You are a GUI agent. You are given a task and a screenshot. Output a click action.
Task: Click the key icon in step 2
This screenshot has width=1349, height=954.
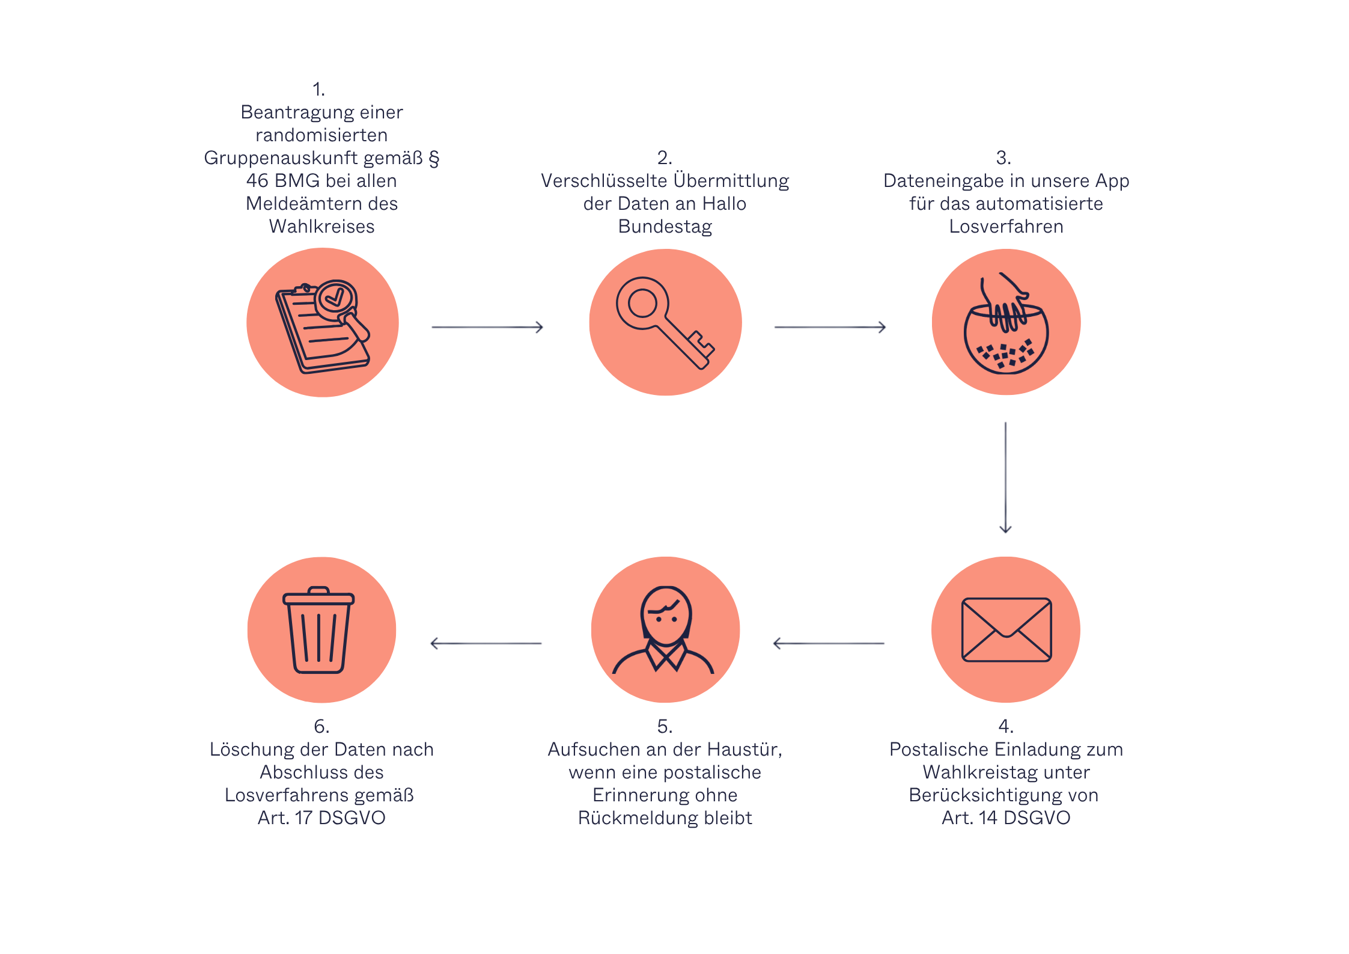point(665,322)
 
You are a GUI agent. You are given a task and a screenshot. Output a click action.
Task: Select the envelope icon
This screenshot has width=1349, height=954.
point(1006,629)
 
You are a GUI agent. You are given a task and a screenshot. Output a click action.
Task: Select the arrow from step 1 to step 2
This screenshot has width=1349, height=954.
point(487,327)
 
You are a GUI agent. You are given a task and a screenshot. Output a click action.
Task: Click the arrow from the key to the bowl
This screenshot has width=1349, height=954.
point(830,327)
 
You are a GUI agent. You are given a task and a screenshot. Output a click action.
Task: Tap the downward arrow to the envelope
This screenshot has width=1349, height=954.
point(1005,477)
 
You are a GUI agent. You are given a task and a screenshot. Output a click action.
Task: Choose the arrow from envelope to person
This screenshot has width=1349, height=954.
point(829,643)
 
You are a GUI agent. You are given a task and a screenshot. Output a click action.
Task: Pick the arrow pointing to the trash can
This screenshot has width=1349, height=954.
point(486,643)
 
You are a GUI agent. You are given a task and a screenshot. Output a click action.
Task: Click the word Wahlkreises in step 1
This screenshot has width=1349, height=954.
point(321,227)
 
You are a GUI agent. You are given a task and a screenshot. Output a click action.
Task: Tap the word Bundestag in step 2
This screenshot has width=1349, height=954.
point(665,227)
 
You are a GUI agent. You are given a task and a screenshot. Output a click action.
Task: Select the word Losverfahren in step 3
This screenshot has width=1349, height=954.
point(1006,227)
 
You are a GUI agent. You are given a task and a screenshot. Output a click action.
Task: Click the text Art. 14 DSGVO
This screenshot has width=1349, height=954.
point(1006,818)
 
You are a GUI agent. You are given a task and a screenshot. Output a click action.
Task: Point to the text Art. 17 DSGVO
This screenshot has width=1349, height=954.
point(321,818)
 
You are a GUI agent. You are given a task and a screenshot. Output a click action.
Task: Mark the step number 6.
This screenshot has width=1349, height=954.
point(321,726)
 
